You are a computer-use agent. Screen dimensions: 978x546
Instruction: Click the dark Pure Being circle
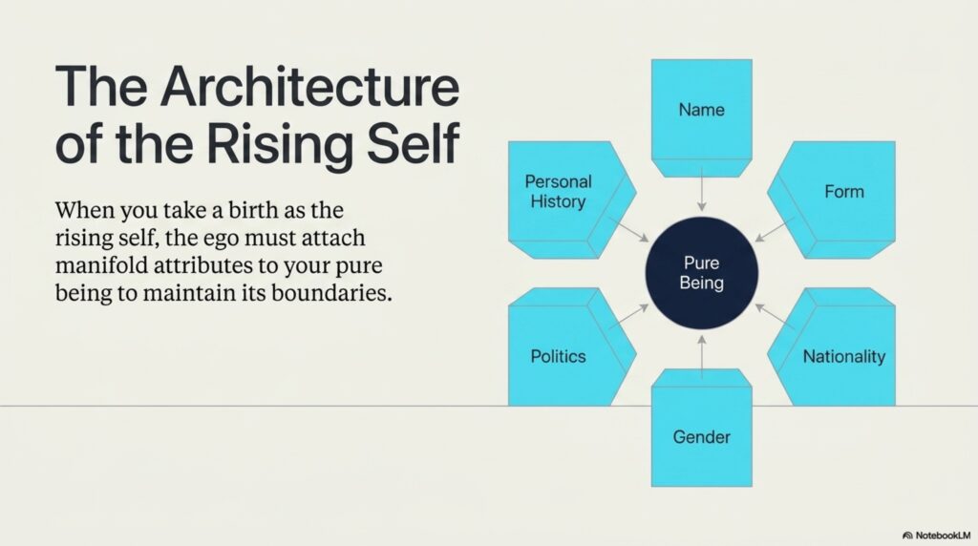point(702,273)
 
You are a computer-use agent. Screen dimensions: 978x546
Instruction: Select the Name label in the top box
point(702,110)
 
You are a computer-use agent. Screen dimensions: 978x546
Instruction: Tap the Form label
point(844,191)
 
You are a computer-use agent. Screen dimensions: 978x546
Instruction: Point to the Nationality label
point(844,356)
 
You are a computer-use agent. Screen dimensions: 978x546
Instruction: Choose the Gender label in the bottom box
point(702,437)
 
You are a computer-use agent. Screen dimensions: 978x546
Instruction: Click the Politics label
point(558,356)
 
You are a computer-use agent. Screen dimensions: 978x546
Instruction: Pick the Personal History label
point(558,191)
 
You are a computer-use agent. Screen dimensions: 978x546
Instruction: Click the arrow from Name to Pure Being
point(702,189)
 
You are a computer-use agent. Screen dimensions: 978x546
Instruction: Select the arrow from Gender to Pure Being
point(702,356)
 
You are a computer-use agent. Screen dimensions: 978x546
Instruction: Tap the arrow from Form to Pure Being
point(774,229)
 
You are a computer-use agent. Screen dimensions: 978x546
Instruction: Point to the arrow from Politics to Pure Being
point(628,316)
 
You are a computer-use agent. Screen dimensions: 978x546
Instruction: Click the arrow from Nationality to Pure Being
point(774,316)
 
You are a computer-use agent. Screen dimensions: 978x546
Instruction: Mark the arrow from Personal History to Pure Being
point(628,229)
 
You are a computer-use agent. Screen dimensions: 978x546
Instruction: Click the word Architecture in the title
point(309,86)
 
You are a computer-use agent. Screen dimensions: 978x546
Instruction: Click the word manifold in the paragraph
point(101,265)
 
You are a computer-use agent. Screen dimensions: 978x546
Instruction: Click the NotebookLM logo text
point(937,535)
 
